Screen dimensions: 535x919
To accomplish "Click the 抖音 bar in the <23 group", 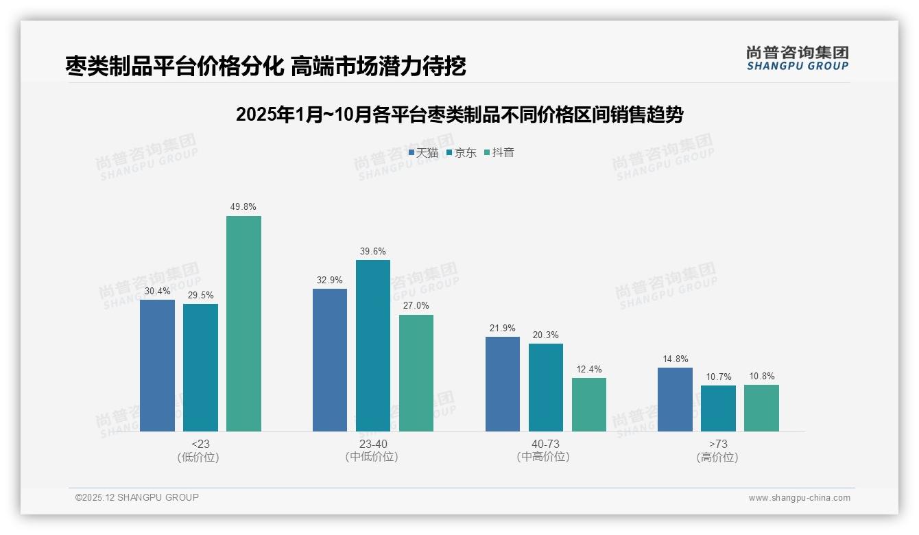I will coord(243,324).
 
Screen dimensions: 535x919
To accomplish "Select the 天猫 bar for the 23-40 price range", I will coord(330,360).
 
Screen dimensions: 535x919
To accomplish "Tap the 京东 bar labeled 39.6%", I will coord(373,346).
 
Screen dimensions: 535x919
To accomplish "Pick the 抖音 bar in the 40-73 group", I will coord(589,405).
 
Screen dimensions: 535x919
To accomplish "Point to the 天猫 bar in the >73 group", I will coord(675,399).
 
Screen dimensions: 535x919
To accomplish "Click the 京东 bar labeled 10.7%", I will coord(718,408).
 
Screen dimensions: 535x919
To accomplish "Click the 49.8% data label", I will coord(243,207).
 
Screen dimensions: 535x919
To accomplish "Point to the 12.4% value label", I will coord(589,370).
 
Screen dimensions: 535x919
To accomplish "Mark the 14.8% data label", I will coord(675,359).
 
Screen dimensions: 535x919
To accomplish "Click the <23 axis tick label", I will coord(200,444).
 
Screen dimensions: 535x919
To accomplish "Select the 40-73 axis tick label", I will coord(545,444).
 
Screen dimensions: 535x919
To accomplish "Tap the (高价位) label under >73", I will coord(717,457).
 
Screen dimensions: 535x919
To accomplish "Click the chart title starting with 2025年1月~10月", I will coord(459,115).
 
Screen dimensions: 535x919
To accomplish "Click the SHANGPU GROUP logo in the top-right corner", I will coord(797,58).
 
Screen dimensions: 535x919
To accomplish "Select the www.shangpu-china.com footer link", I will coord(799,498).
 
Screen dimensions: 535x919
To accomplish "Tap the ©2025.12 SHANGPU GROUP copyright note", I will coord(137,497).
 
